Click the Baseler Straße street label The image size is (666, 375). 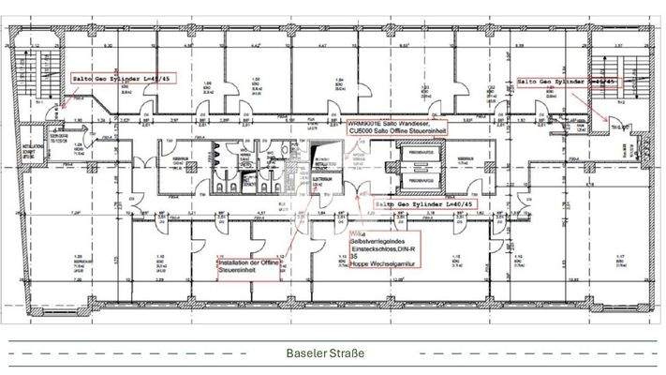(x=327, y=353)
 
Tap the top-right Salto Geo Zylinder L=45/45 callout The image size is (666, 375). (x=568, y=82)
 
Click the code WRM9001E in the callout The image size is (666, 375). (x=364, y=124)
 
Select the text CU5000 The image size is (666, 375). (x=360, y=132)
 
